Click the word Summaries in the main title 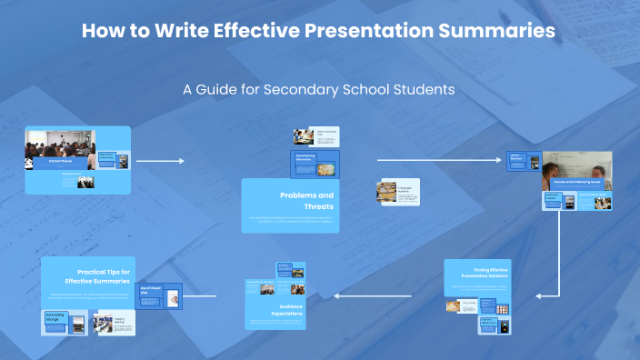pyautogui.click(x=497, y=31)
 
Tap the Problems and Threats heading pyautogui.click(x=306, y=201)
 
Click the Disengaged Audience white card pyautogui.click(x=398, y=190)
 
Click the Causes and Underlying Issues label pyautogui.click(x=577, y=182)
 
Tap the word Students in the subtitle pyautogui.click(x=422, y=90)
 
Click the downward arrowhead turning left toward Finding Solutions pyautogui.click(x=539, y=295)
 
